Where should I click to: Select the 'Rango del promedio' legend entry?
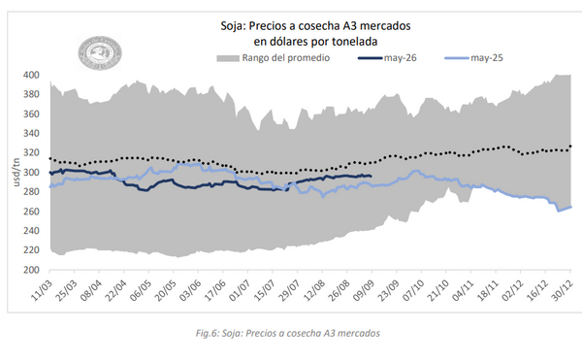(x=274, y=58)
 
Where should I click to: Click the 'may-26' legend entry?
(x=387, y=58)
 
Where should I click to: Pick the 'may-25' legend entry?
(x=473, y=58)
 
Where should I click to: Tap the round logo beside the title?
(x=100, y=52)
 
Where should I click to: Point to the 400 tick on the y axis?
(x=31, y=75)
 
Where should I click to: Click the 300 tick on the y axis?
(x=31, y=172)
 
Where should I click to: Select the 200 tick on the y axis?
(x=31, y=270)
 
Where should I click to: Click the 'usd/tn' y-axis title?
(x=16, y=172)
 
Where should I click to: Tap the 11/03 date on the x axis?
(x=42, y=290)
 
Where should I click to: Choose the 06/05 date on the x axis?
(x=141, y=290)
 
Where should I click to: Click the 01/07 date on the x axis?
(x=240, y=290)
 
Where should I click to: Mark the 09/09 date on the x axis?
(x=364, y=290)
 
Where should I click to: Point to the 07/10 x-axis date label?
(x=413, y=290)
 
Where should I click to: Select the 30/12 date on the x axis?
(x=563, y=290)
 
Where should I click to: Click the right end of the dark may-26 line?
(x=371, y=176)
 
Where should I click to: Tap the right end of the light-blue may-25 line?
(x=570, y=207)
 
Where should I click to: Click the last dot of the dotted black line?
(x=570, y=147)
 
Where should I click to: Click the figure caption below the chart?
(x=288, y=333)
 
